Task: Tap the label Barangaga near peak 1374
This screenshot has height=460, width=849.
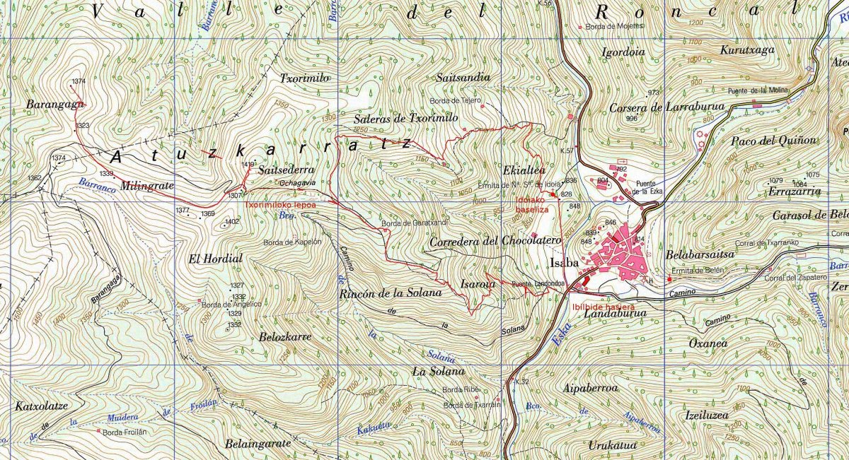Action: (x=55, y=104)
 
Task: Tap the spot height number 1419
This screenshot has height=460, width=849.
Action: (x=248, y=165)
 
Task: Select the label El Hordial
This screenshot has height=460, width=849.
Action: (x=215, y=259)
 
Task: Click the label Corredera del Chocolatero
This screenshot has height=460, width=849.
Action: (x=495, y=242)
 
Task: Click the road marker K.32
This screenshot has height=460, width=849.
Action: (x=522, y=382)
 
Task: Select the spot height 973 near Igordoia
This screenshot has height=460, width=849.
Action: (x=653, y=93)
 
